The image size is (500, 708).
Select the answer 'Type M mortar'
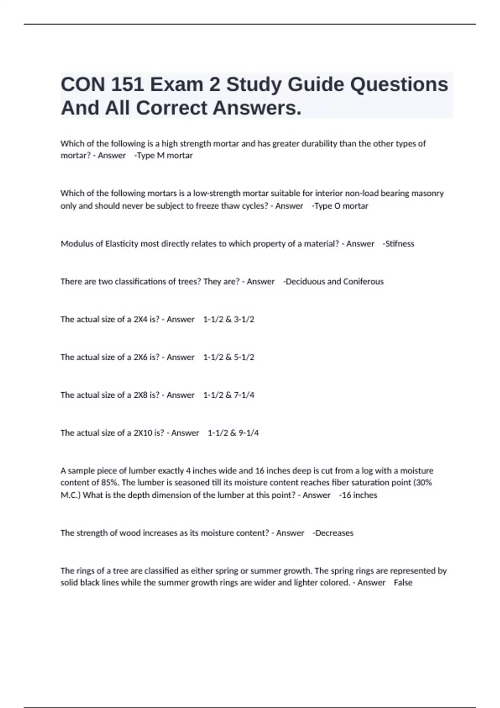point(165,156)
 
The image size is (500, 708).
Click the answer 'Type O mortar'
point(341,206)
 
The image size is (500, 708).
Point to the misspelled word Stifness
point(400,244)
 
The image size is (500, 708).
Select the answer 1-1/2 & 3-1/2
point(229,319)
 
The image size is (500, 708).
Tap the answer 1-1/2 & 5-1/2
point(229,357)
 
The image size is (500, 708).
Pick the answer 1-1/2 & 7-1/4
point(229,395)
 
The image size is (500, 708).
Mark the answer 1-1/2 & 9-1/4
point(233,433)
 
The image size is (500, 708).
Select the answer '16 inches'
point(359,495)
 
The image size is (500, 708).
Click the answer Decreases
point(334,533)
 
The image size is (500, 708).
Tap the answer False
point(403,583)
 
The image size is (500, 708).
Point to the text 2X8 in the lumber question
point(140,395)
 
